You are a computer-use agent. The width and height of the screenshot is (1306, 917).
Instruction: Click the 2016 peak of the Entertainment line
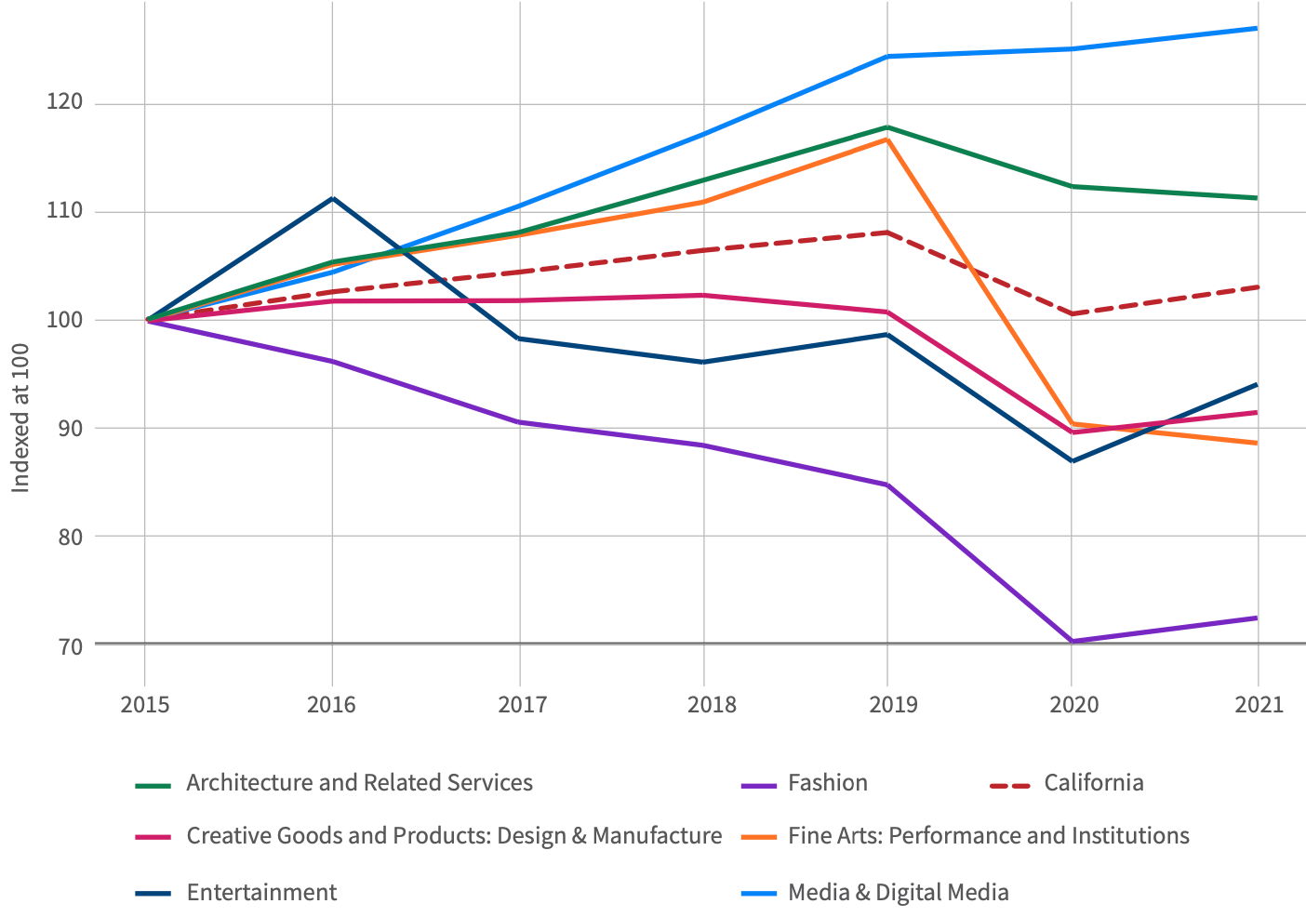click(x=333, y=198)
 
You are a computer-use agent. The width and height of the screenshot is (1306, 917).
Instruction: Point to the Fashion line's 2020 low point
click(x=1072, y=641)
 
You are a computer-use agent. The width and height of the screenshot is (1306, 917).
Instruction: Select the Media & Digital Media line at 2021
click(x=1257, y=29)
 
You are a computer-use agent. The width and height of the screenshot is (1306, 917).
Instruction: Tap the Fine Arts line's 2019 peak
click(x=887, y=140)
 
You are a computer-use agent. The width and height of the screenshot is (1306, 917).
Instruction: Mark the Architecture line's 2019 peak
click(x=887, y=127)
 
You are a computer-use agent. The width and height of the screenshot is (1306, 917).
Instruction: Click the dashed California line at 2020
click(x=1072, y=313)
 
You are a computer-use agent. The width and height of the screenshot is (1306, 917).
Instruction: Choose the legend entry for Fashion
click(x=827, y=783)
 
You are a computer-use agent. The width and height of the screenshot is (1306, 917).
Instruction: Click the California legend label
click(x=1093, y=783)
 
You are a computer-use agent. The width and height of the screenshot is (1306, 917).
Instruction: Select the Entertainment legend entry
click(x=261, y=893)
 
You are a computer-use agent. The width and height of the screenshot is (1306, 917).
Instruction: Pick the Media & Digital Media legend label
click(x=898, y=893)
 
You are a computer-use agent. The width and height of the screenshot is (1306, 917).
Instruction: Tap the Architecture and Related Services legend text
click(x=359, y=783)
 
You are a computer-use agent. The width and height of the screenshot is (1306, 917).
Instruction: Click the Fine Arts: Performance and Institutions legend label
click(x=988, y=836)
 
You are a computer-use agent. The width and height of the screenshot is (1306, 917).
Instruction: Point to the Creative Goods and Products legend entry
click(x=454, y=836)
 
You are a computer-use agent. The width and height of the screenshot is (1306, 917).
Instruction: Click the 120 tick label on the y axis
click(x=64, y=102)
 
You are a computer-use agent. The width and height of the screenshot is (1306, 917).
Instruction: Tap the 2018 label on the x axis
click(x=712, y=705)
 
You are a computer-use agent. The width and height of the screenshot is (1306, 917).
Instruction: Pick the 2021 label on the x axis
click(x=1259, y=705)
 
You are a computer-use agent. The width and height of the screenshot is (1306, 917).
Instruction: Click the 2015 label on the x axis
click(x=145, y=705)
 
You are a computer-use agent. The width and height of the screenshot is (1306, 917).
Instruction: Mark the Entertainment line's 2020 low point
click(x=1072, y=460)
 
